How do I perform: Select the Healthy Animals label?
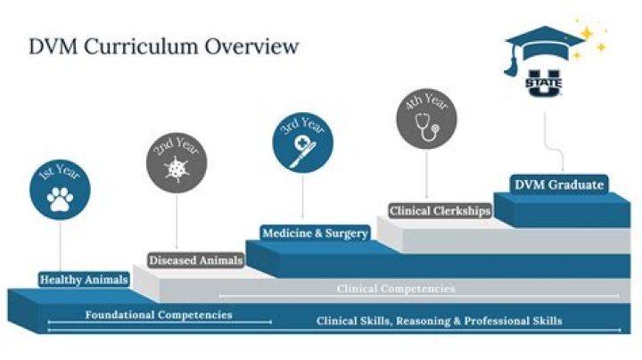point(82,280)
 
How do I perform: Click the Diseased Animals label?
point(195,260)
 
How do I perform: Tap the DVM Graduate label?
point(559,184)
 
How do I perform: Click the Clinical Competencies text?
point(396,289)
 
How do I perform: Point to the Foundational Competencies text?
point(159,315)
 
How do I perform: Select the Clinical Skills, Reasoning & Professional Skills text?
point(440,321)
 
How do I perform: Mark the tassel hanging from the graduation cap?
point(512,63)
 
